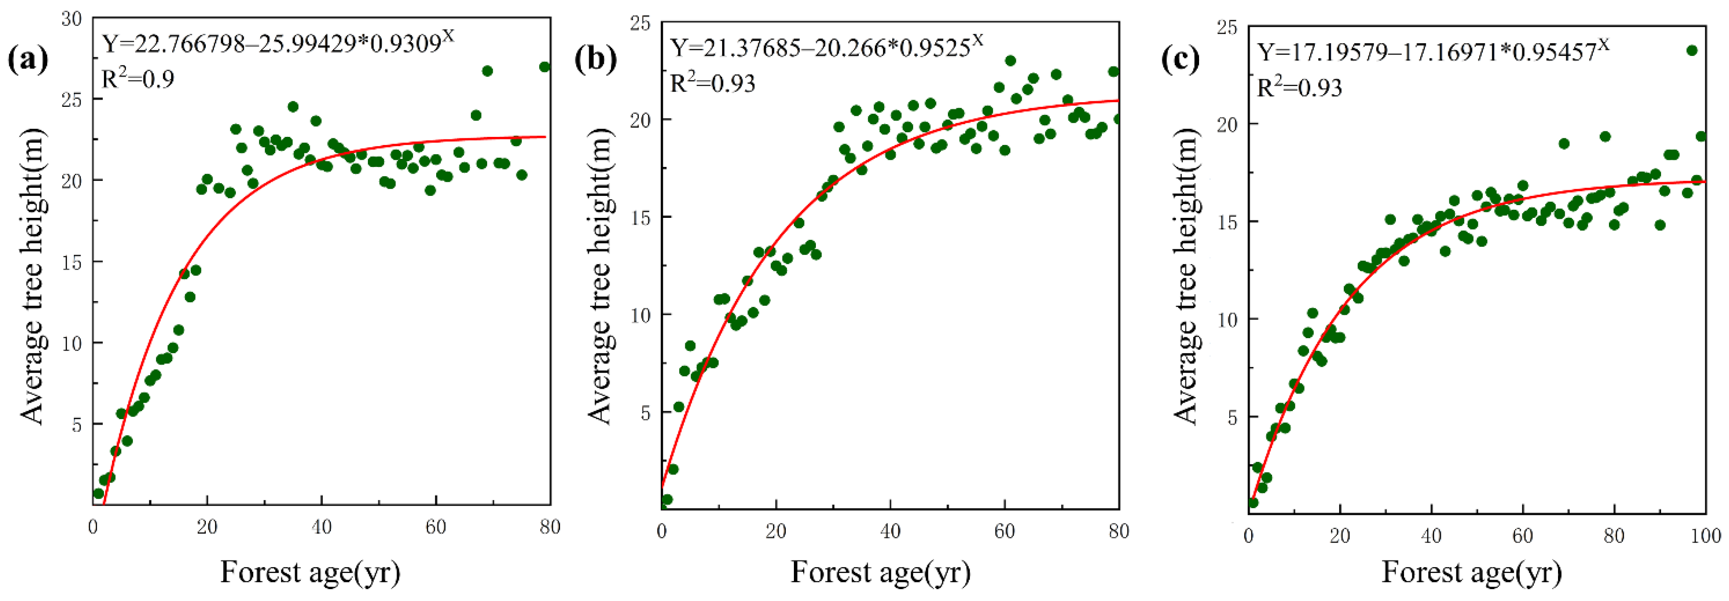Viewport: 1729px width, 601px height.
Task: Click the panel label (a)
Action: [x=28, y=60]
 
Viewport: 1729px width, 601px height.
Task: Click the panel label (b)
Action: [x=595, y=60]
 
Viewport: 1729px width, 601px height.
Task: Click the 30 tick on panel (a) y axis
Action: [x=71, y=19]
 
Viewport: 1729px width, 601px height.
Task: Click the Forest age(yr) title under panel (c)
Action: [x=1472, y=572]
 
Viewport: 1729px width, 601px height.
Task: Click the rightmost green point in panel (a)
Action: [x=544, y=67]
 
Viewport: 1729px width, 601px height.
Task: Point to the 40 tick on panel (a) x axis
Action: [x=322, y=527]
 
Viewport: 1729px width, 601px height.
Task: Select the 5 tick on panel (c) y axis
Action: [x=1232, y=417]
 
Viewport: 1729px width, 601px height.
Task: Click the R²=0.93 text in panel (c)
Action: [x=1299, y=88]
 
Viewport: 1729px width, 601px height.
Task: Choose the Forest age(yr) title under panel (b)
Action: [x=880, y=572]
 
